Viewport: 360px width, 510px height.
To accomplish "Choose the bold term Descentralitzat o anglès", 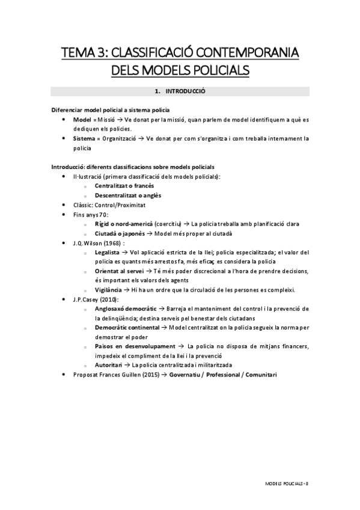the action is (127, 195).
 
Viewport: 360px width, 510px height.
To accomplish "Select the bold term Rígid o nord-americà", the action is (123, 223).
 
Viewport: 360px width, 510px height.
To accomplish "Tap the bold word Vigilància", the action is (109, 289).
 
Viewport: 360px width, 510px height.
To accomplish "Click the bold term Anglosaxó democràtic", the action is (127, 309).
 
